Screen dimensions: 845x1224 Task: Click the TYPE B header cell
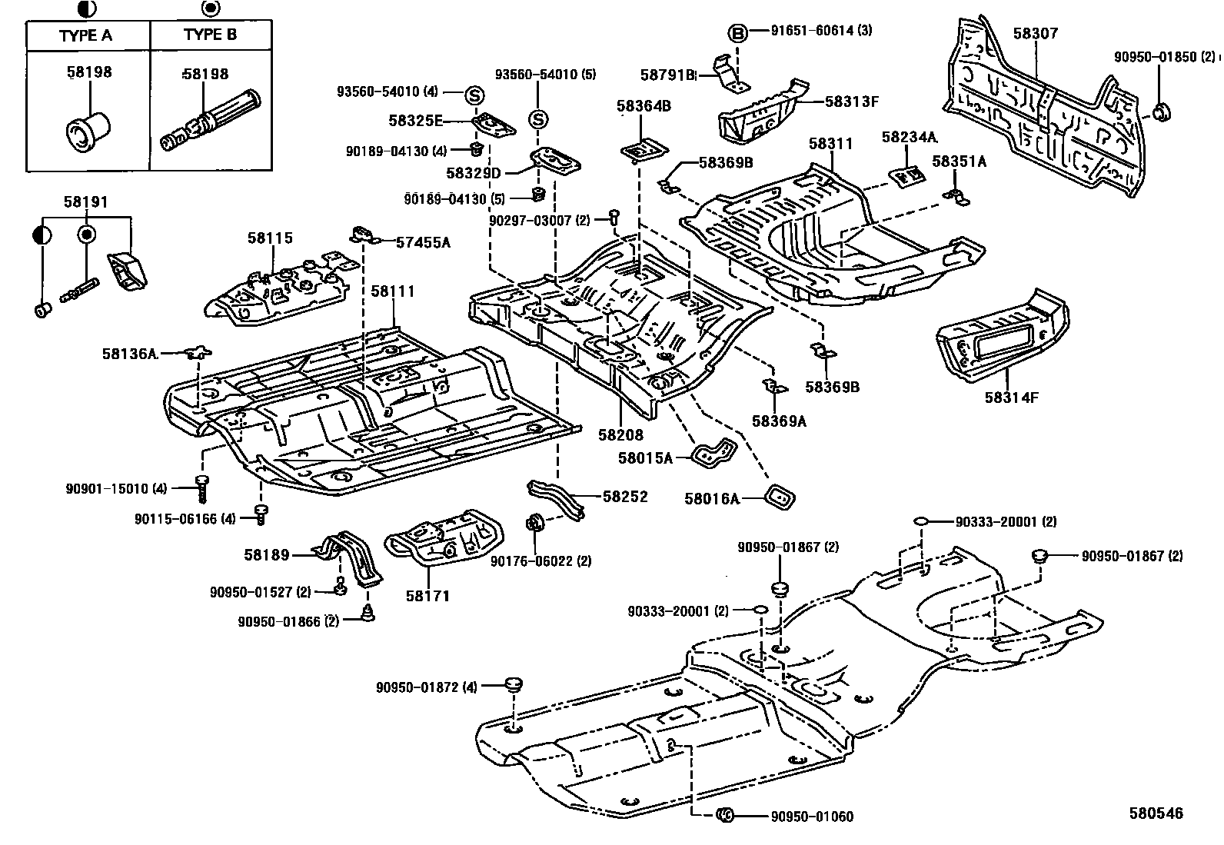[x=210, y=35]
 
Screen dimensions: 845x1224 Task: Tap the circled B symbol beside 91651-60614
[x=737, y=32]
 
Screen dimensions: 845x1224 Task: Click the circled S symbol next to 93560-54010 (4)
[x=474, y=95]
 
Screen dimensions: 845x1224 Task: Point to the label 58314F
[x=1011, y=398]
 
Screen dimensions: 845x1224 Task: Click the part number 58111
[x=392, y=291]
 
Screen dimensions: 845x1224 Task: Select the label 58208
[x=620, y=434]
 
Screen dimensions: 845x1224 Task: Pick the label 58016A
[x=711, y=499]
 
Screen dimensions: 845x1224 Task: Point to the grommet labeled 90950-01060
[x=725, y=816]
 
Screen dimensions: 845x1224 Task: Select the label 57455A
[x=422, y=243]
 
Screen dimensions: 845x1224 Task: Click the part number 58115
[x=270, y=238]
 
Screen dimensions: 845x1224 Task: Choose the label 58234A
[x=909, y=137]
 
